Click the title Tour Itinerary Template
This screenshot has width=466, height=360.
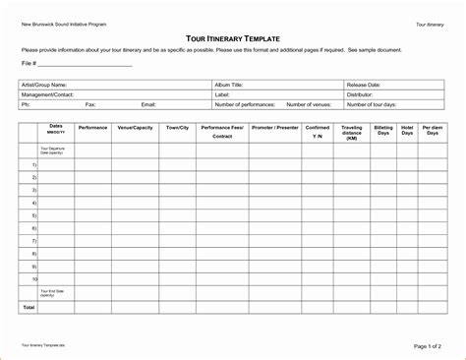[232, 35]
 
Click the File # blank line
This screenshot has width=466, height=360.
[87, 66]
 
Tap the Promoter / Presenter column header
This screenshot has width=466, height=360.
[275, 127]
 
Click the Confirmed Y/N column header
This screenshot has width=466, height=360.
[318, 131]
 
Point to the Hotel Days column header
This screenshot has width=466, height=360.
[407, 131]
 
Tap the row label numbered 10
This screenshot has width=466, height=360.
[33, 278]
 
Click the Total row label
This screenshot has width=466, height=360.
[29, 308]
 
